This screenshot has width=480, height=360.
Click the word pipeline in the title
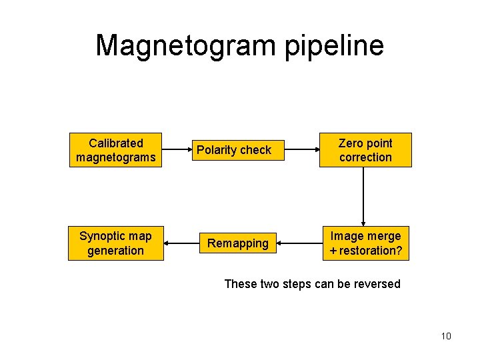pyautogui.click(x=334, y=45)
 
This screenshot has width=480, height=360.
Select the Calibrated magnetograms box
pyautogui.click(x=115, y=150)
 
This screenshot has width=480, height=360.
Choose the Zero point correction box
pyautogui.click(x=365, y=150)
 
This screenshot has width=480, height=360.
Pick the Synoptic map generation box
pyautogui.click(x=115, y=243)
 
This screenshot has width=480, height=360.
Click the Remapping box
pyautogui.click(x=238, y=243)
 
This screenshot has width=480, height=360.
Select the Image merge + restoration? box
pyautogui.click(x=365, y=243)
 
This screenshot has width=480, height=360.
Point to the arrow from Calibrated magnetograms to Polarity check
pyautogui.click(x=177, y=150)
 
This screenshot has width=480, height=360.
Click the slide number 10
pyautogui.click(x=446, y=336)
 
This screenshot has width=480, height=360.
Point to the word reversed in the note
pyautogui.click(x=377, y=284)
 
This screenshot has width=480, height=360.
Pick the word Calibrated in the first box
pyautogui.click(x=115, y=143)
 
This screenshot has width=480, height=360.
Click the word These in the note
pyautogui.click(x=239, y=284)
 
